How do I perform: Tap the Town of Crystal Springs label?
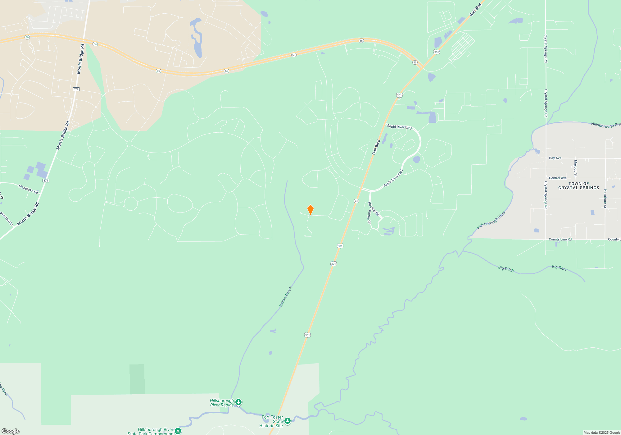[x=578, y=186]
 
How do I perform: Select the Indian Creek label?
[x=286, y=297]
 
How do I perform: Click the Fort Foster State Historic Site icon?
[x=288, y=421]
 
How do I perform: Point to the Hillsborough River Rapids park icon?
[x=238, y=402]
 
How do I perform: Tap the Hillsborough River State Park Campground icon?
[x=178, y=431]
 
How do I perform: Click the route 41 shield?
[x=356, y=201]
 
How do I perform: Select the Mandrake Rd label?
[x=28, y=189]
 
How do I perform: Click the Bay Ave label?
[x=555, y=158]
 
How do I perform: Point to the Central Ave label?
[x=558, y=178]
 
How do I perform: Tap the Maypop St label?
[x=575, y=168]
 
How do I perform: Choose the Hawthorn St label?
[x=605, y=199]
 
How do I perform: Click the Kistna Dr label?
[x=369, y=217]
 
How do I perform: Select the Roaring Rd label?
[x=374, y=209]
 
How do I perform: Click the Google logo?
[x=11, y=431]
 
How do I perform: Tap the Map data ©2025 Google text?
[x=601, y=433]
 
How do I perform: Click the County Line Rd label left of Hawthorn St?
[x=560, y=239]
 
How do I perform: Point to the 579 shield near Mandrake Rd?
[x=46, y=181]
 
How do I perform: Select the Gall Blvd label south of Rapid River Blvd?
[x=376, y=147]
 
